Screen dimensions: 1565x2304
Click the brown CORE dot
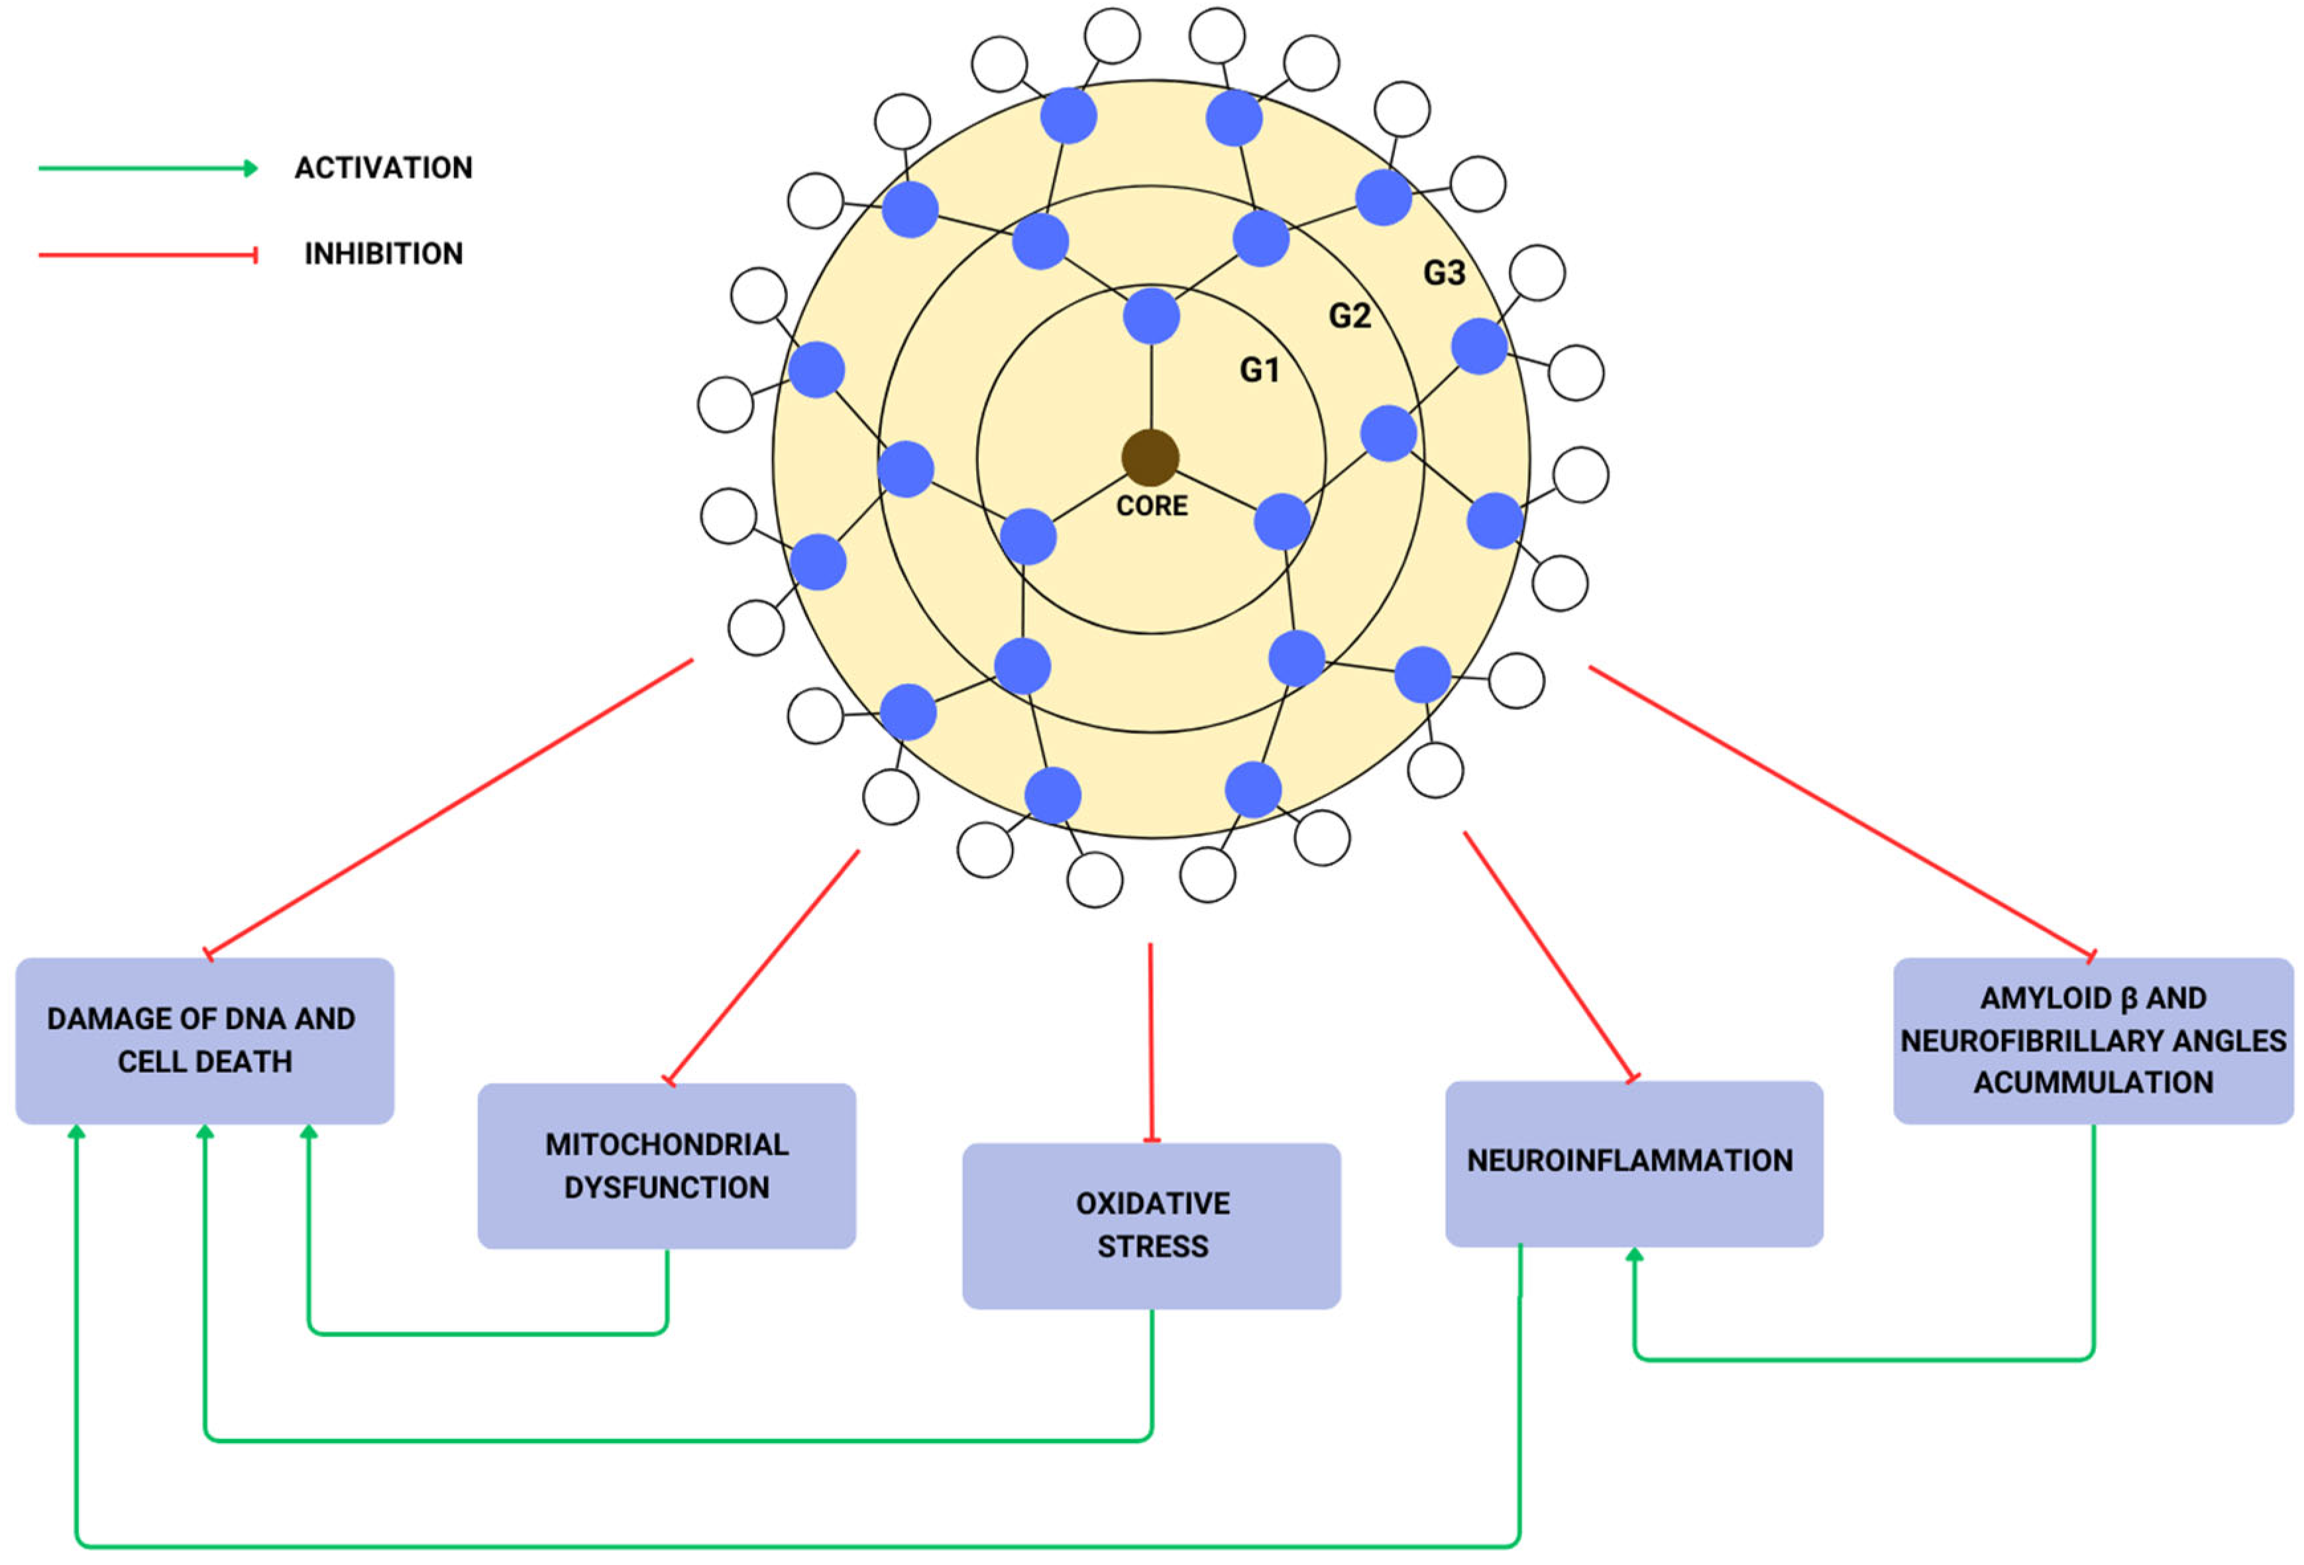1150,457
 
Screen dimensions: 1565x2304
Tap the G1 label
1259,370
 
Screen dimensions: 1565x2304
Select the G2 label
1349,315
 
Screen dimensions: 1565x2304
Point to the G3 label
1443,272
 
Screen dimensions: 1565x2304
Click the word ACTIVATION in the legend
384,168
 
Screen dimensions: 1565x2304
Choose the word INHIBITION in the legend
384,254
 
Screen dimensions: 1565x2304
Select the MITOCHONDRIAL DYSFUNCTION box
666,1165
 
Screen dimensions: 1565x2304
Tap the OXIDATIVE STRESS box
1151,1225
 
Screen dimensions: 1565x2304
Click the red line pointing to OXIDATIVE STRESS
1151,1041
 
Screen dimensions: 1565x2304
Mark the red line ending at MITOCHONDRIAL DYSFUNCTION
763,966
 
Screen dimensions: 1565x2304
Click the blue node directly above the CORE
1151,316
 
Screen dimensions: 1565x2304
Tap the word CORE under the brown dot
1151,506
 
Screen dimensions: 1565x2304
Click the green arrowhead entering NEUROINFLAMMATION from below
1635,1255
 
